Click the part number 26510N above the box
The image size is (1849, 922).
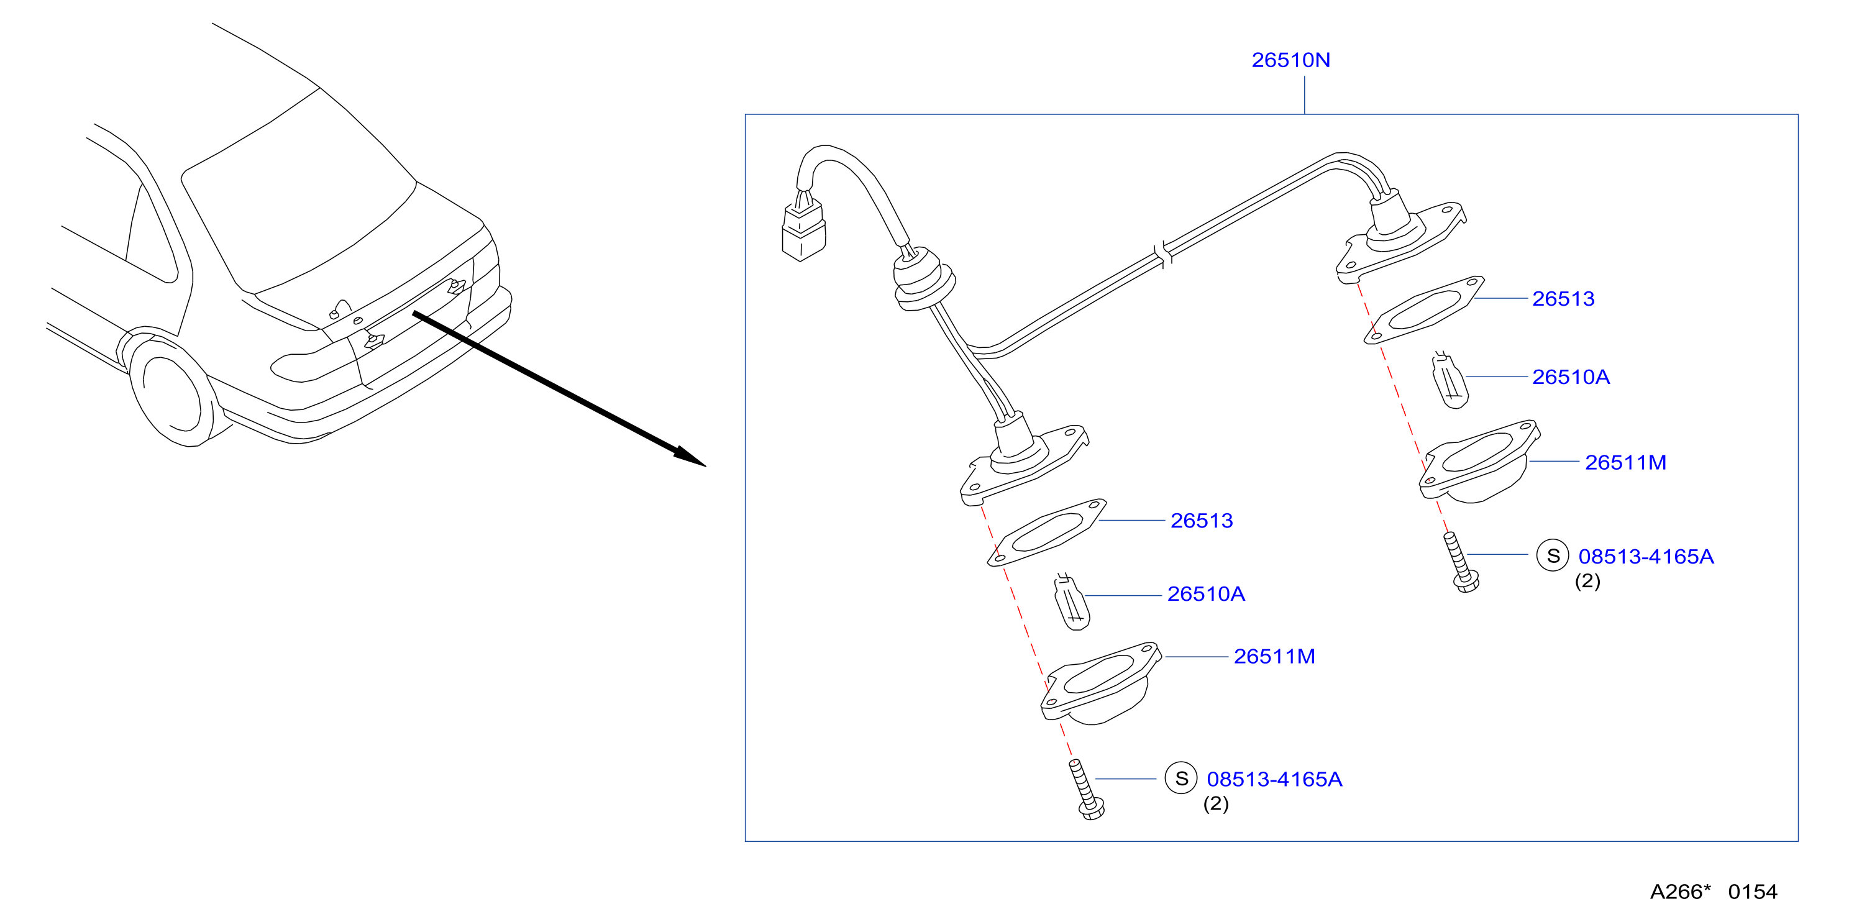[x=1290, y=60]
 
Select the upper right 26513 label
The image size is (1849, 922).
[x=1563, y=298]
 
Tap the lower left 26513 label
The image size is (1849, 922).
[x=1202, y=520]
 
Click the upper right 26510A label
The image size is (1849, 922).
[x=1571, y=377]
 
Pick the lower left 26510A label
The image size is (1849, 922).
[x=1206, y=594]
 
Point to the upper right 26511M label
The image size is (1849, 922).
[x=1625, y=462]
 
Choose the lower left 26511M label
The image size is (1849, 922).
[x=1274, y=657]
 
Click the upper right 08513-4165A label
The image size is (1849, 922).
[x=1646, y=556]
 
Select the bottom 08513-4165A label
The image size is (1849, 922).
[x=1274, y=778]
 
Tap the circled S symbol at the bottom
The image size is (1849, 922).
[x=1180, y=778]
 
